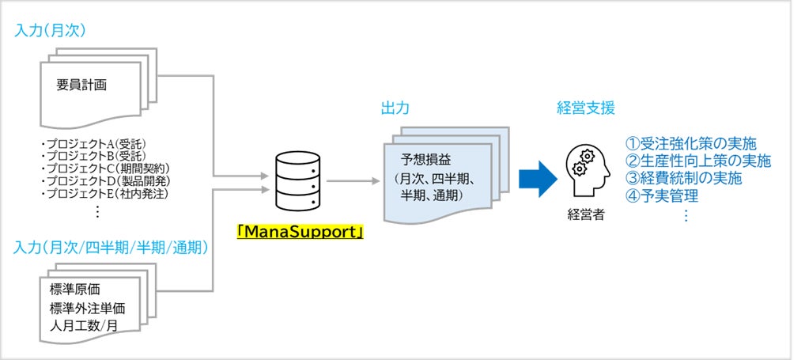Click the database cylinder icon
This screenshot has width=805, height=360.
pyautogui.click(x=298, y=180)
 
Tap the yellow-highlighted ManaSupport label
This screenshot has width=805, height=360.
pyautogui.click(x=300, y=232)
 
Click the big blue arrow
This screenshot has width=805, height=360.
pyautogui.click(x=538, y=178)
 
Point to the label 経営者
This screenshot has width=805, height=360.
pyautogui.click(x=586, y=214)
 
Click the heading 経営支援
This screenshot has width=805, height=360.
pyautogui.click(x=586, y=108)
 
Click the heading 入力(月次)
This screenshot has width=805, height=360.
pyautogui.click(x=50, y=31)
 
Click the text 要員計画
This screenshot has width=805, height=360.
pyautogui.click(x=81, y=85)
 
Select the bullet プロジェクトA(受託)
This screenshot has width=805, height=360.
pyautogui.click(x=93, y=142)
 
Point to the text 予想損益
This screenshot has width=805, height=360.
pyautogui.click(x=426, y=160)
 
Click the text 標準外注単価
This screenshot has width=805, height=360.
pyautogui.click(x=87, y=308)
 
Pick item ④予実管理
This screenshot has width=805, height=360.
pyautogui.click(x=662, y=195)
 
